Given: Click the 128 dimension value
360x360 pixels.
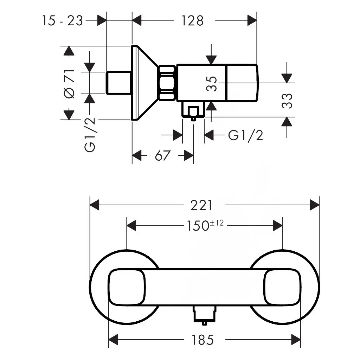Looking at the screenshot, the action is click(x=192, y=21).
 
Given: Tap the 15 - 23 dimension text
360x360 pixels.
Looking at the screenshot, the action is click(x=62, y=21).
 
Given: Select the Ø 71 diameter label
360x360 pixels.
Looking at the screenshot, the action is click(x=70, y=84).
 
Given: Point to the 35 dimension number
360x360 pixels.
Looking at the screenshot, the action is click(x=211, y=84).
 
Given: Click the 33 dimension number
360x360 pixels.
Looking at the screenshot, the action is click(x=287, y=101).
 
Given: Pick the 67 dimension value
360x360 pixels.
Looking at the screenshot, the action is click(x=163, y=156).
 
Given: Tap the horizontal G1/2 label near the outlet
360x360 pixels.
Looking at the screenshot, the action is click(x=245, y=135).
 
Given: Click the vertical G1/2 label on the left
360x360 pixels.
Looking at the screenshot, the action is click(x=90, y=135).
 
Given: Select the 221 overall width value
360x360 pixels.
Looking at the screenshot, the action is click(x=201, y=205).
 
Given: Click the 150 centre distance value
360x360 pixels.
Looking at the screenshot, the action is click(x=198, y=226).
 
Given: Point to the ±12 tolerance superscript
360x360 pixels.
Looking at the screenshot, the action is click(x=217, y=223).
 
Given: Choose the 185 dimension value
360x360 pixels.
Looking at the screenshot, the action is click(x=202, y=340).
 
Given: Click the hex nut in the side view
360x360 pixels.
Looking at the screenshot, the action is click(x=167, y=83).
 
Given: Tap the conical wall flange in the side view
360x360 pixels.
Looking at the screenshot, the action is click(x=144, y=83).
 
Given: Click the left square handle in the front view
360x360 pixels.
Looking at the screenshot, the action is click(x=127, y=287).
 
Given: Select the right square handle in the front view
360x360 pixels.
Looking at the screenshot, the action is click(x=282, y=287).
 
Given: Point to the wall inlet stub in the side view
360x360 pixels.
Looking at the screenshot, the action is click(x=118, y=83).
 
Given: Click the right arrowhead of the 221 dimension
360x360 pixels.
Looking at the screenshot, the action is click(x=315, y=205).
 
